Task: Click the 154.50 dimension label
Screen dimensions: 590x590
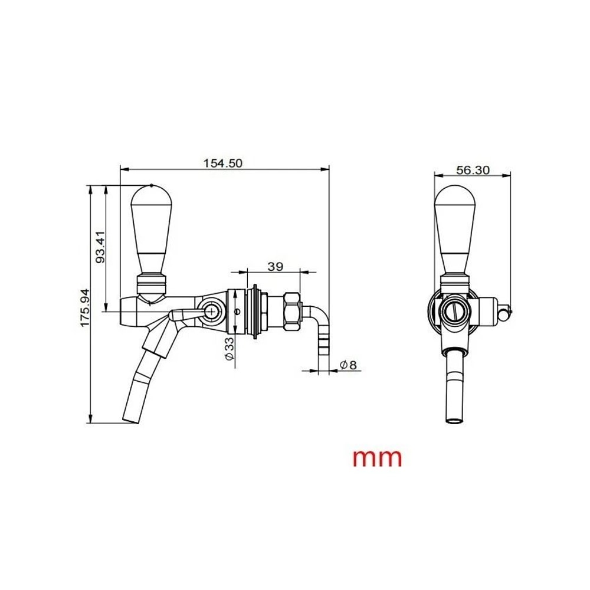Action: pyautogui.click(x=223, y=163)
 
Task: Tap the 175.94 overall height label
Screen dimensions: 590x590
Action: pyautogui.click(x=84, y=309)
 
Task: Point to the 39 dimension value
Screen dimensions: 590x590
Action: pyautogui.click(x=275, y=266)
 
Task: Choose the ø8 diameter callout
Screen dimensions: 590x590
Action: pyautogui.click(x=349, y=365)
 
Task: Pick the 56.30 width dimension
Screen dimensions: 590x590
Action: pyautogui.click(x=473, y=170)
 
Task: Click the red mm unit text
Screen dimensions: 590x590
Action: pyautogui.click(x=378, y=457)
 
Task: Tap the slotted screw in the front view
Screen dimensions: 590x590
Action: pyautogui.click(x=455, y=310)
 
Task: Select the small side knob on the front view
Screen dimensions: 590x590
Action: pyautogui.click(x=504, y=313)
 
